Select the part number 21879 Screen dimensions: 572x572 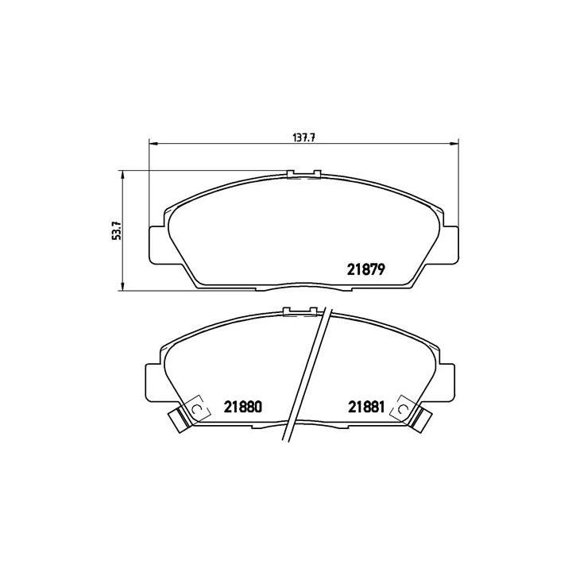[366, 269]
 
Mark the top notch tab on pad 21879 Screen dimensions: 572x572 [303, 174]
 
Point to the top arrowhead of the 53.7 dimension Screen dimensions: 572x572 [122, 174]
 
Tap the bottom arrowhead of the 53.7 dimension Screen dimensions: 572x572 [122, 285]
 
